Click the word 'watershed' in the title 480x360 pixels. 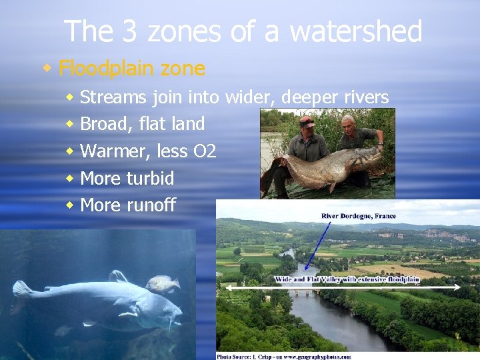tap(356, 31)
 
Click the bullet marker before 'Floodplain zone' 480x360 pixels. tap(47, 68)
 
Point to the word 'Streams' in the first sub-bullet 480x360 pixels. tap(113, 97)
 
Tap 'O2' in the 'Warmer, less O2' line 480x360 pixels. tap(205, 151)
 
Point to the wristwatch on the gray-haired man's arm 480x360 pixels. tap(379, 142)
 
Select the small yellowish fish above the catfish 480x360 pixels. tap(163, 285)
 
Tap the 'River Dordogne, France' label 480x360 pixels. tap(358, 216)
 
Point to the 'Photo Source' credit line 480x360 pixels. tap(284, 356)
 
